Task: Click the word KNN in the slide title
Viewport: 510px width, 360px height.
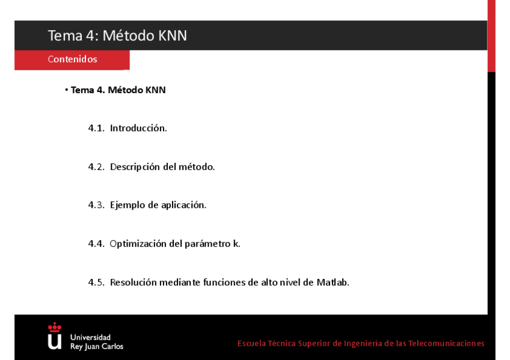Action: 173,35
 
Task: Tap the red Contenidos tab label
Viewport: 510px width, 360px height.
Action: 72,59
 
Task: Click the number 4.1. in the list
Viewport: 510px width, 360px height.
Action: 96,128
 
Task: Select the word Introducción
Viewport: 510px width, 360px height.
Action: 138,128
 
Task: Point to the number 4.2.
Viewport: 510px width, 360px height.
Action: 96,166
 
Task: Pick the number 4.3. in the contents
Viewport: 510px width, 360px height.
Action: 96,205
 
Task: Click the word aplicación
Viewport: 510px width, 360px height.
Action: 183,205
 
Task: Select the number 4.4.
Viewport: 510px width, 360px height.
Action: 96,243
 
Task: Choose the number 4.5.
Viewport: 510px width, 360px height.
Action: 96,282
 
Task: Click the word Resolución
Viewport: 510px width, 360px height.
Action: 134,282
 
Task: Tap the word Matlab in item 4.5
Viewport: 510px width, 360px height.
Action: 333,282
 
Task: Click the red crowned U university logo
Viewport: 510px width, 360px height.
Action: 55,336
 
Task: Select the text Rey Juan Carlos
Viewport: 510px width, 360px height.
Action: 96,347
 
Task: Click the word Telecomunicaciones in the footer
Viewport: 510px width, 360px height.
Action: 446,343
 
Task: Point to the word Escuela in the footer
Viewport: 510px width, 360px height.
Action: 251,343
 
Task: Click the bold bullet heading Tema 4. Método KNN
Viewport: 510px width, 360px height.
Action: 118,90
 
